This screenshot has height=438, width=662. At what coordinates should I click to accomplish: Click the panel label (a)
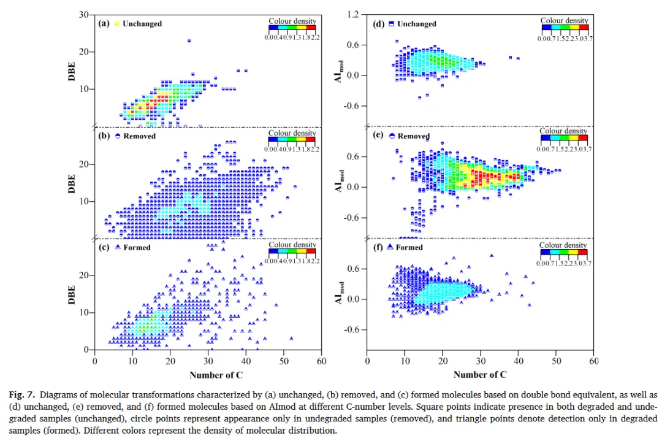pos(104,24)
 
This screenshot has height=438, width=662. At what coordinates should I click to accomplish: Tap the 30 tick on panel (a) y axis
pos(86,15)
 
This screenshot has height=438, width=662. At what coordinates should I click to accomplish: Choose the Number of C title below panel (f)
pos(480,375)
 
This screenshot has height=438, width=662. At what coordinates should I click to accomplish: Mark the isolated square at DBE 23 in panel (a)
pos(189,40)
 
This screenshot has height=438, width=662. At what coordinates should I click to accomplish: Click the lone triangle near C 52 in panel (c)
pos(291,338)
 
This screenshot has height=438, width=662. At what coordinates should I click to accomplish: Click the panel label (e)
pos(378,136)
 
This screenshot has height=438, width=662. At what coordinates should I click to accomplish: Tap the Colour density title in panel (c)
pos(292,244)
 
